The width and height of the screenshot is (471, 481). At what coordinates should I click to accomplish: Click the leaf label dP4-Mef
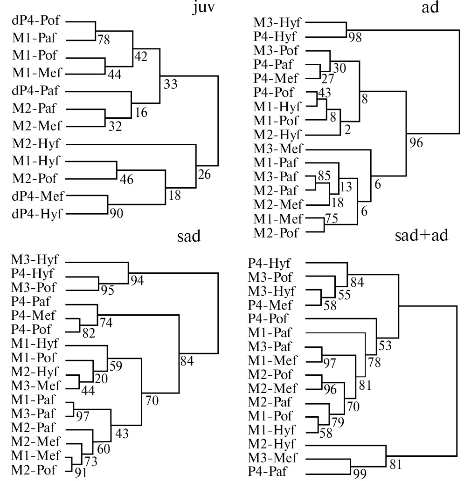pos(39,196)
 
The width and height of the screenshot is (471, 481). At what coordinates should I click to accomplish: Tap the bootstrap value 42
pos(140,56)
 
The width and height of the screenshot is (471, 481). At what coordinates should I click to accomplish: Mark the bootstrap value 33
pos(171,84)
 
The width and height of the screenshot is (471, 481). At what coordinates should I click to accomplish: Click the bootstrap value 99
pos(360,474)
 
